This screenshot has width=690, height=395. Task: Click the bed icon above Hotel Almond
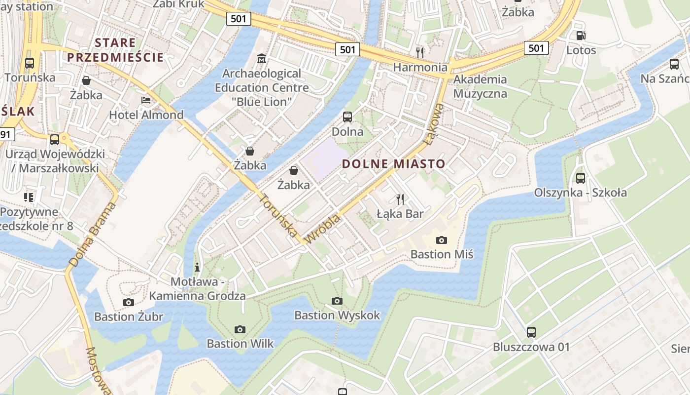146,100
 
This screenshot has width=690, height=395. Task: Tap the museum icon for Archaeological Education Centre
262,59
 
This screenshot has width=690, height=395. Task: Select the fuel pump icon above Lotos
581,35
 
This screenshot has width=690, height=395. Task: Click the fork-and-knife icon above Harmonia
420,52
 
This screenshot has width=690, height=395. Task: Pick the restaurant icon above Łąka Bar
400,199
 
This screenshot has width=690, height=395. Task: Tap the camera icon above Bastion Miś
442,240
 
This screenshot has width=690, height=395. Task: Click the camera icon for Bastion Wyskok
337,301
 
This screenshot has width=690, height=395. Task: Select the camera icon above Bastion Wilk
240,329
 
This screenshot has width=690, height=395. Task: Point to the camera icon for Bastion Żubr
129,302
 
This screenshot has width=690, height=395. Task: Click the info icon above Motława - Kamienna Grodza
198,267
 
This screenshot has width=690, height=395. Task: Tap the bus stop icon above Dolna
347,117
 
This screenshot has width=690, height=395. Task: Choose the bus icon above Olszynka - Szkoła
581,178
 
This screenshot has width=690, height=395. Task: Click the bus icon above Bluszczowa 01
531,332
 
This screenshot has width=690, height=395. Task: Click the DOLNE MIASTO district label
393,163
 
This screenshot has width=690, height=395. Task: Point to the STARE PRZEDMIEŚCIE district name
115,49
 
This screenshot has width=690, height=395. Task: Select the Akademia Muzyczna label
480,86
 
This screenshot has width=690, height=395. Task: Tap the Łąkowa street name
432,124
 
